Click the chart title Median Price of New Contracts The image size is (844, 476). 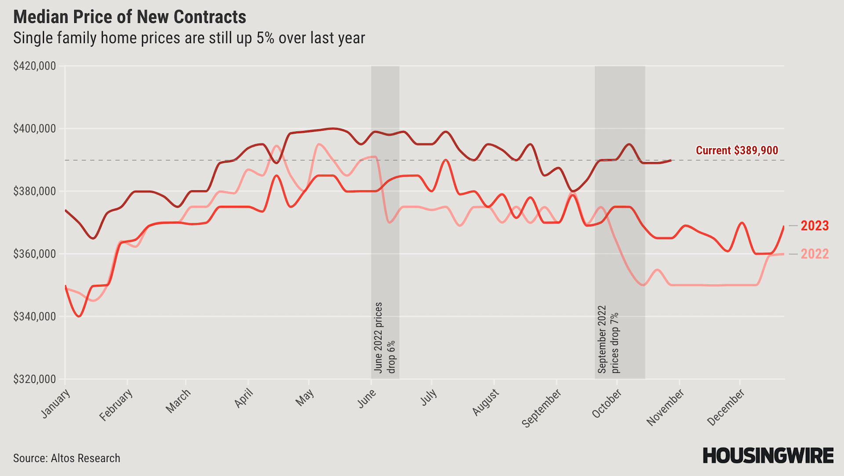(x=130, y=17)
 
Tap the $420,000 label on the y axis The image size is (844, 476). (x=35, y=66)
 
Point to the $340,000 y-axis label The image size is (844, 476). (x=35, y=316)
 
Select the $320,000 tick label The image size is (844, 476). (x=35, y=379)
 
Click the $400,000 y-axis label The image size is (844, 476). (x=35, y=129)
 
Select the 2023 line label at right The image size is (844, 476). (x=815, y=226)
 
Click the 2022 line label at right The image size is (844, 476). (x=815, y=254)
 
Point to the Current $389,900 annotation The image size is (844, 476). (x=737, y=150)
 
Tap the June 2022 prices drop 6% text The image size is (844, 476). (x=385, y=338)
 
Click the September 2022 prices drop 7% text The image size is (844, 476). (x=608, y=339)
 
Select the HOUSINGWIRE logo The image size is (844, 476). (x=768, y=456)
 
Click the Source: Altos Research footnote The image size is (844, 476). (x=67, y=458)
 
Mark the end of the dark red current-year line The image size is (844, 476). (x=671, y=160)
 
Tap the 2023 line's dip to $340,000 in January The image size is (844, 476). (x=79, y=316)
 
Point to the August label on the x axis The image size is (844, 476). (x=486, y=402)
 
